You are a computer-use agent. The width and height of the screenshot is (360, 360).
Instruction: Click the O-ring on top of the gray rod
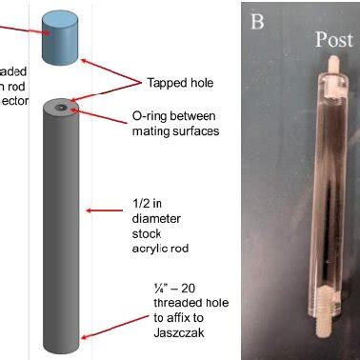pos(61,109)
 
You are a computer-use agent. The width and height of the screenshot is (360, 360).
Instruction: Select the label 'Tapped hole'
pos(177,82)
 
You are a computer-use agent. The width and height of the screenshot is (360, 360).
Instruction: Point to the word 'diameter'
pos(150,223)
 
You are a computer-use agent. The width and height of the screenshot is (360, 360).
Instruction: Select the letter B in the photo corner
pos(257,21)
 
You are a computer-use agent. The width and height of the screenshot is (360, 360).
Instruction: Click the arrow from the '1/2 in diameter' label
pos(106,210)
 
